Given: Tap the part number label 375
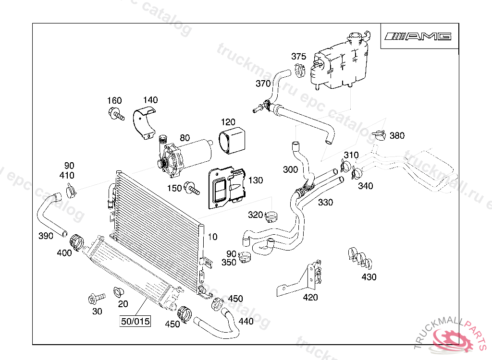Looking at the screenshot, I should [298, 57].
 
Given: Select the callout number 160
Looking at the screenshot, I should [114, 101].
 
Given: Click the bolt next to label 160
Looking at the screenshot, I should [116, 114].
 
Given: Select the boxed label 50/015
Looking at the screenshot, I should [135, 321].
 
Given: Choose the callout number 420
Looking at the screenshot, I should [310, 298].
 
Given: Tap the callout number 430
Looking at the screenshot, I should [369, 277].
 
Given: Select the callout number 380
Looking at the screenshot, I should [397, 136].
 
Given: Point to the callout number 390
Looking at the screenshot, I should [46, 236].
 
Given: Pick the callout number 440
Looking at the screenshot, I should [246, 321].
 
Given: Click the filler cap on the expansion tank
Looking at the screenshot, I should [356, 37].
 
